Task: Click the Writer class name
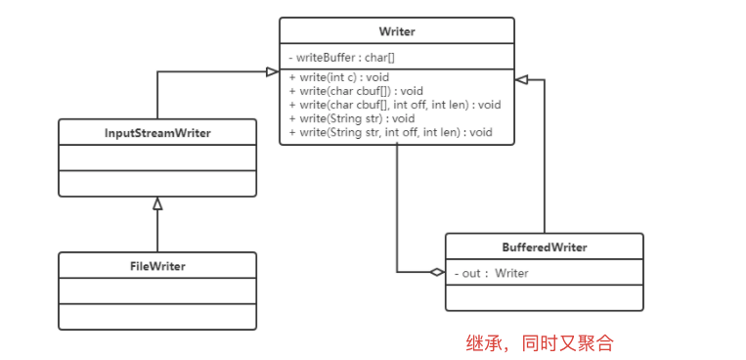click(396, 31)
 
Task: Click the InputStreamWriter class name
click(157, 133)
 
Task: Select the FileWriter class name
click(157, 266)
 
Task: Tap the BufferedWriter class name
click(544, 247)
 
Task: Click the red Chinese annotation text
click(539, 342)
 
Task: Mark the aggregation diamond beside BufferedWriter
click(436, 273)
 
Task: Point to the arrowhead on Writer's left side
click(272, 71)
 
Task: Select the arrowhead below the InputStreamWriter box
click(157, 203)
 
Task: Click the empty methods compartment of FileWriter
click(157, 316)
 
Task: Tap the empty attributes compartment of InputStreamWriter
click(157, 157)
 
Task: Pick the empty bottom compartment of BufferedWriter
click(544, 297)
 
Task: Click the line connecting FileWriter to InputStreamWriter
click(157, 231)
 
